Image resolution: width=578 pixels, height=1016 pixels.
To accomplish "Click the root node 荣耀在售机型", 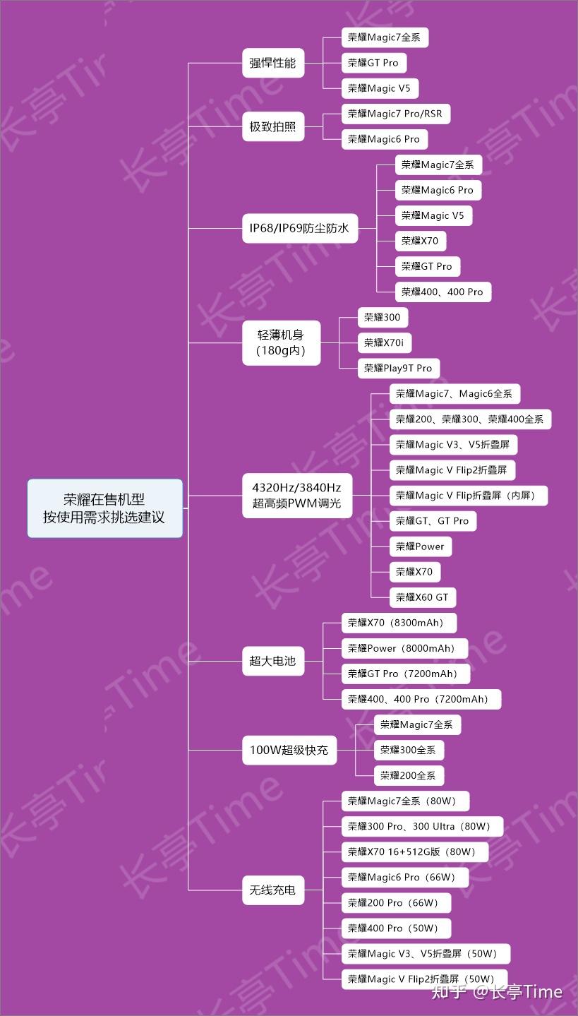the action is pos(104,508).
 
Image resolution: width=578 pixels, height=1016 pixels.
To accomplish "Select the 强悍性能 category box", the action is pos(272,64).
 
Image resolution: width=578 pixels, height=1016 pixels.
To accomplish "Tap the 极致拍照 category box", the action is pos(272,128).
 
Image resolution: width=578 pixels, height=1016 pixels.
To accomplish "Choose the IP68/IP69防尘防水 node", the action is pos(299,229).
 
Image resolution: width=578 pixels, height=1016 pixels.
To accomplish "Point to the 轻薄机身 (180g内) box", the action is pos(281,343).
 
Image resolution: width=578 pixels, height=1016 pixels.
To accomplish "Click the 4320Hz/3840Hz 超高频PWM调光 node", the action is pos(296,496).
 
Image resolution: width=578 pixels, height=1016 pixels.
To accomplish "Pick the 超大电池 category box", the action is pos(272,662).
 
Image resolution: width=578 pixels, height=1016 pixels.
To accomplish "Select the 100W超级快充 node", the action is pos(289,751).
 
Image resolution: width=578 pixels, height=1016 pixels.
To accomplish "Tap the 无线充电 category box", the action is pos(272,890).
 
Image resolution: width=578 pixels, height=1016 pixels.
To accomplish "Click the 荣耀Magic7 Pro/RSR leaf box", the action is pos(395,114).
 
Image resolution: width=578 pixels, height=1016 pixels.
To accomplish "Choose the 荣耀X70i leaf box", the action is pos(384,343).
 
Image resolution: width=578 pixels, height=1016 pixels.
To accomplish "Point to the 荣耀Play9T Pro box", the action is pos(398,369).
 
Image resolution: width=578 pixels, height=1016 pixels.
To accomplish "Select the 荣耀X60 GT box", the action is pos(422,597).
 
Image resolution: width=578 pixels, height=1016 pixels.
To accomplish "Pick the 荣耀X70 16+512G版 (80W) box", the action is pos(411,852).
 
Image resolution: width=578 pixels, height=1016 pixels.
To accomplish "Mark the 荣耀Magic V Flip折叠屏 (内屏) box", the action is pos(467,496).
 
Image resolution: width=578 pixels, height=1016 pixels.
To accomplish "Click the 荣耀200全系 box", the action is pos(408,775).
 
